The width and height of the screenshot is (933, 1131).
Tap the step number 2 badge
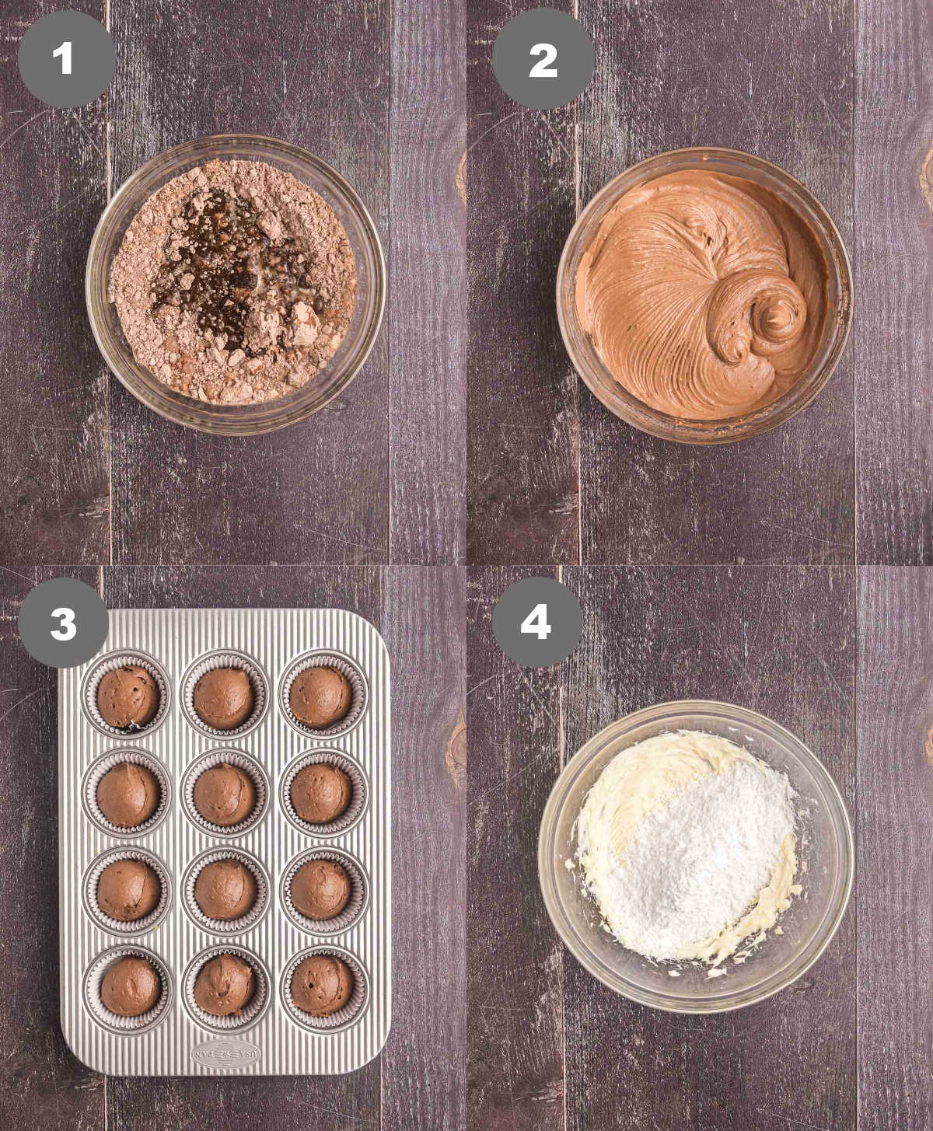543,59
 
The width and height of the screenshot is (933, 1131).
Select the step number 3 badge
64,623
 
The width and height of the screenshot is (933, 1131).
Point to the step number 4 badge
535,623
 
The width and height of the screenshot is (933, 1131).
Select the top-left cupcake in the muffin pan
128,695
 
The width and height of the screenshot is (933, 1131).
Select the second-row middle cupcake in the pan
225,793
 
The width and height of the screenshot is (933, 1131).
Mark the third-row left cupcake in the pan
128,889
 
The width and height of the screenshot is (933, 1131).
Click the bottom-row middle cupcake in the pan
225,986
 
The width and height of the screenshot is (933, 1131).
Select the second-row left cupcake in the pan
128,793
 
